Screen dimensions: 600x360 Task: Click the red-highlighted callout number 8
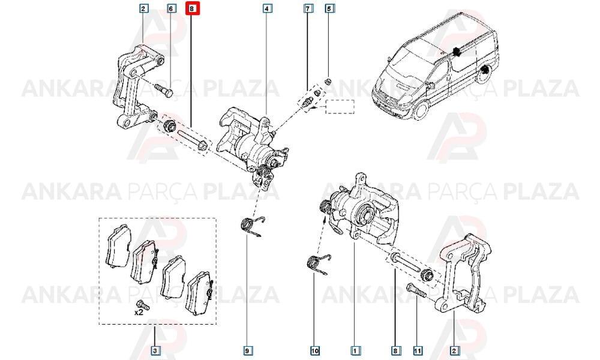pyautogui.click(x=192, y=8)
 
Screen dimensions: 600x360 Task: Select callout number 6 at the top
pyautogui.click(x=170, y=8)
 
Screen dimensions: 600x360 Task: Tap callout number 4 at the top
pyautogui.click(x=267, y=8)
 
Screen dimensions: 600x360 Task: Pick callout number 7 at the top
pyautogui.click(x=308, y=8)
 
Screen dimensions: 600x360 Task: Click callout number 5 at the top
pyautogui.click(x=329, y=8)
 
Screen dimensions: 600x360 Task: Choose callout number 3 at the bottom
pyautogui.click(x=155, y=350)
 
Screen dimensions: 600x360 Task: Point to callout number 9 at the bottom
pyautogui.click(x=247, y=350)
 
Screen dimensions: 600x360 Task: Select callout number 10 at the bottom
pyautogui.click(x=314, y=350)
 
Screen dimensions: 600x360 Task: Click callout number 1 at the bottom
pyautogui.click(x=355, y=350)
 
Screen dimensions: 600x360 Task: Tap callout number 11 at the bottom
pyautogui.click(x=418, y=350)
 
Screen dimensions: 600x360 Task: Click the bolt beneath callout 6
pyautogui.click(x=164, y=89)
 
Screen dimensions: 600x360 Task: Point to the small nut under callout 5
pyautogui.click(x=328, y=82)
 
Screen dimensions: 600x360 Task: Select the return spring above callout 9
pyautogui.click(x=253, y=226)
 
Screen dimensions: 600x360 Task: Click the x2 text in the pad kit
pyautogui.click(x=139, y=313)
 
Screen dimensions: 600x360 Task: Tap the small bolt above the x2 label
pyautogui.click(x=143, y=305)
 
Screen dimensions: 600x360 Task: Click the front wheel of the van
pyautogui.click(x=421, y=110)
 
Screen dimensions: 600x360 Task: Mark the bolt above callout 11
pyautogui.click(x=415, y=292)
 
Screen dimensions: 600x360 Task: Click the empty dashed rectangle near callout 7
pyautogui.click(x=340, y=107)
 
